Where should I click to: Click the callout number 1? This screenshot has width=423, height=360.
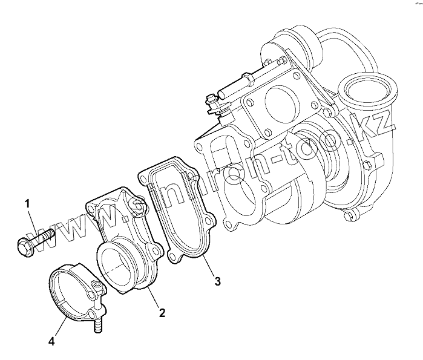tap(27, 203)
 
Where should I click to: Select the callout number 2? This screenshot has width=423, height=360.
tap(162, 313)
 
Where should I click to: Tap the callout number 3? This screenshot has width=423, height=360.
tap(217, 281)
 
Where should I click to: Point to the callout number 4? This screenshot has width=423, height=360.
tap(52, 342)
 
